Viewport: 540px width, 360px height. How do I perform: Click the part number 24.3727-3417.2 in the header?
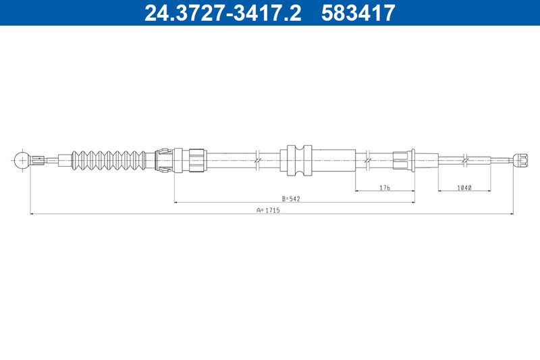point(223,13)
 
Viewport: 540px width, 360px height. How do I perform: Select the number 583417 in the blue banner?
point(358,13)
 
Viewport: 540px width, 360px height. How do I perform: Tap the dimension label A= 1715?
point(268,210)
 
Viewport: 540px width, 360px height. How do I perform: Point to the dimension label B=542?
point(291,199)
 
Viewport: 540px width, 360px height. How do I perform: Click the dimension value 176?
point(384,188)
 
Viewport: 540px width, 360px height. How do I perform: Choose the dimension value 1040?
point(464,188)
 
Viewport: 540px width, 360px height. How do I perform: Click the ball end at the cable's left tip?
point(22,160)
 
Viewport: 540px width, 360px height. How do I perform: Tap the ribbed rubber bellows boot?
point(109,160)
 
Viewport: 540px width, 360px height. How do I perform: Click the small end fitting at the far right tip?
point(520,160)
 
